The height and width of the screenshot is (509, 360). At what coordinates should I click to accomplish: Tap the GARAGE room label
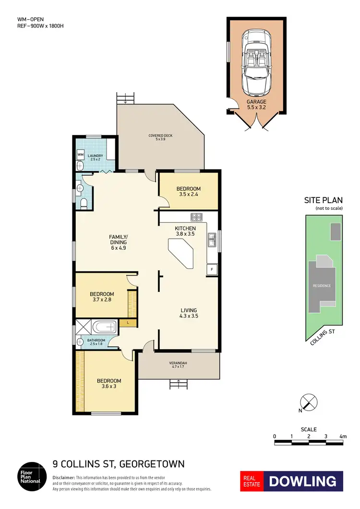(256, 102)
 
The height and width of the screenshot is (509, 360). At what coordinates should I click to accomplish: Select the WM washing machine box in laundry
(81, 155)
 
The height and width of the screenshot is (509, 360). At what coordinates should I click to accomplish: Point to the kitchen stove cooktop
(197, 217)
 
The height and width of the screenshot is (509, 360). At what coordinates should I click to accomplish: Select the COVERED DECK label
(160, 136)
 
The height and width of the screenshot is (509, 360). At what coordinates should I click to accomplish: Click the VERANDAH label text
(178, 363)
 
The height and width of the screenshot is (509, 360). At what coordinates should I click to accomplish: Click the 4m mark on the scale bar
(342, 436)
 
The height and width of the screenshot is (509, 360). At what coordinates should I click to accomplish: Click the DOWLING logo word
(302, 481)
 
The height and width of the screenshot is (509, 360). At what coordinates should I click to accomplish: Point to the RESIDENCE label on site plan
(322, 286)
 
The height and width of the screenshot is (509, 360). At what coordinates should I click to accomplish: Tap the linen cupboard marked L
(128, 323)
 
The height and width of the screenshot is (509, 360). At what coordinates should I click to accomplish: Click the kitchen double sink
(211, 239)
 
